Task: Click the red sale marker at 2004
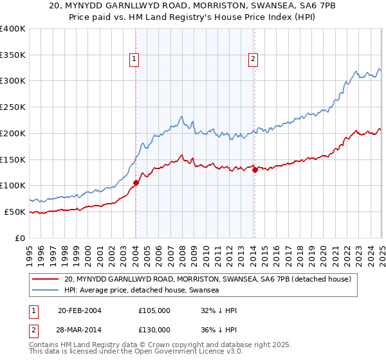coord(136,183)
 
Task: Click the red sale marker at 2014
coord(255,170)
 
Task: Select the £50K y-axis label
coord(15,212)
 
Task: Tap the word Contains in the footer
coord(46,346)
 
